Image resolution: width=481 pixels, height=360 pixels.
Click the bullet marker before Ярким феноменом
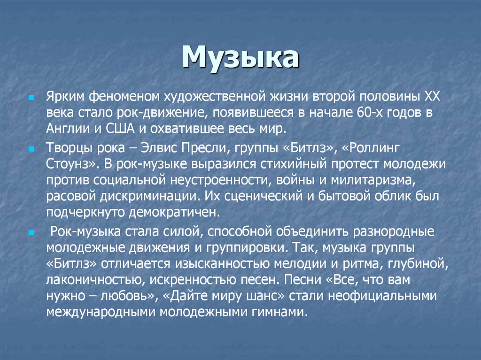(x=31, y=97)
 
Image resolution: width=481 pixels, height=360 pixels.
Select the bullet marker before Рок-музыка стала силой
(x=31, y=232)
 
